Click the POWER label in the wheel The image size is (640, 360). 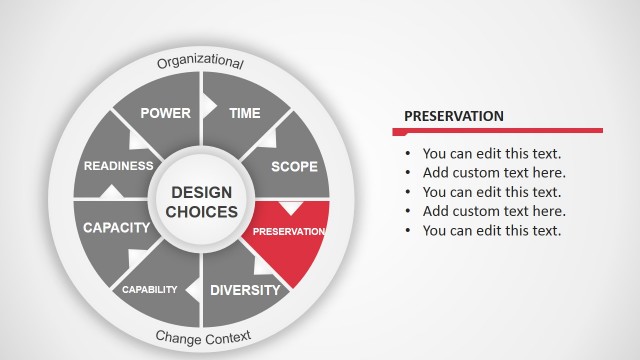click(x=165, y=113)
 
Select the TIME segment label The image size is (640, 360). click(x=245, y=113)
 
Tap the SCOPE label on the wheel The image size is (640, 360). click(x=294, y=166)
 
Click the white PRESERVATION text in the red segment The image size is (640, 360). click(x=289, y=231)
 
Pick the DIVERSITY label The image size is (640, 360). click(x=245, y=290)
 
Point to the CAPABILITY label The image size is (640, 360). click(x=149, y=290)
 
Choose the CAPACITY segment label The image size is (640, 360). click(x=116, y=227)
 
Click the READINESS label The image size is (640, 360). click(x=119, y=166)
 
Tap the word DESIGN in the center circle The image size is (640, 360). click(x=201, y=192)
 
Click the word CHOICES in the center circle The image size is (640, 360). click(x=201, y=212)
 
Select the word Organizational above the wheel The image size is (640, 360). click(x=200, y=63)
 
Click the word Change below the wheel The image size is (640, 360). click(x=176, y=337)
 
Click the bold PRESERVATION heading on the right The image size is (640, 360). click(x=453, y=116)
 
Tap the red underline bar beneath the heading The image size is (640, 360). click(x=497, y=130)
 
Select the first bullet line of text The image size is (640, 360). click(x=492, y=154)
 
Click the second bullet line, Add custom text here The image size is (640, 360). click(x=494, y=173)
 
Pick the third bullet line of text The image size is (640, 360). click(x=492, y=192)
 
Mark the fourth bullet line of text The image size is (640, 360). click(x=494, y=211)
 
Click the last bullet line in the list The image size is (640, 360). click(x=492, y=230)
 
